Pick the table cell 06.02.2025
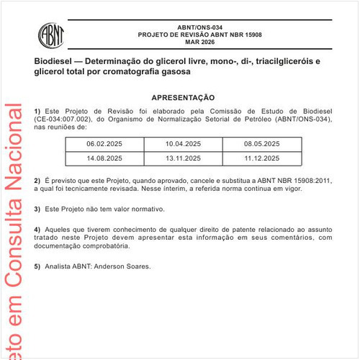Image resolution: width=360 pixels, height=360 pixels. coord(104,144)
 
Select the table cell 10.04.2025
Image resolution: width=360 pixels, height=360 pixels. coord(183,144)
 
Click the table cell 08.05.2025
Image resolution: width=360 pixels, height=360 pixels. coord(262,144)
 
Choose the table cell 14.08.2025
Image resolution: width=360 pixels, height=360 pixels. coord(104,158)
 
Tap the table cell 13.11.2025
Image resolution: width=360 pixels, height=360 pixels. coord(183,158)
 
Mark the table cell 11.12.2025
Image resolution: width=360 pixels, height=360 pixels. coord(262,158)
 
